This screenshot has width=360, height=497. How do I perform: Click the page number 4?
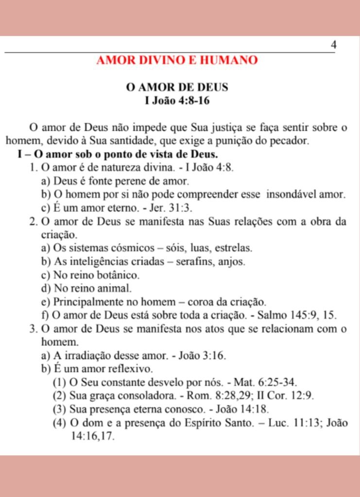pyautogui.click(x=333, y=45)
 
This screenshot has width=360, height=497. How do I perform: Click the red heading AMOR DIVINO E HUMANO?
pyautogui.click(x=177, y=61)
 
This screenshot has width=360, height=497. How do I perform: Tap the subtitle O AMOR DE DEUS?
pyautogui.click(x=177, y=88)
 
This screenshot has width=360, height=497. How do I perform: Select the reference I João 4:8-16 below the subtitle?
pyautogui.click(x=177, y=101)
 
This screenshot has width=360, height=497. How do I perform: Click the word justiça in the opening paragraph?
pyautogui.click(x=214, y=128)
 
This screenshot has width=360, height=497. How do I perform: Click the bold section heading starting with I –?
pyautogui.click(x=117, y=154)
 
